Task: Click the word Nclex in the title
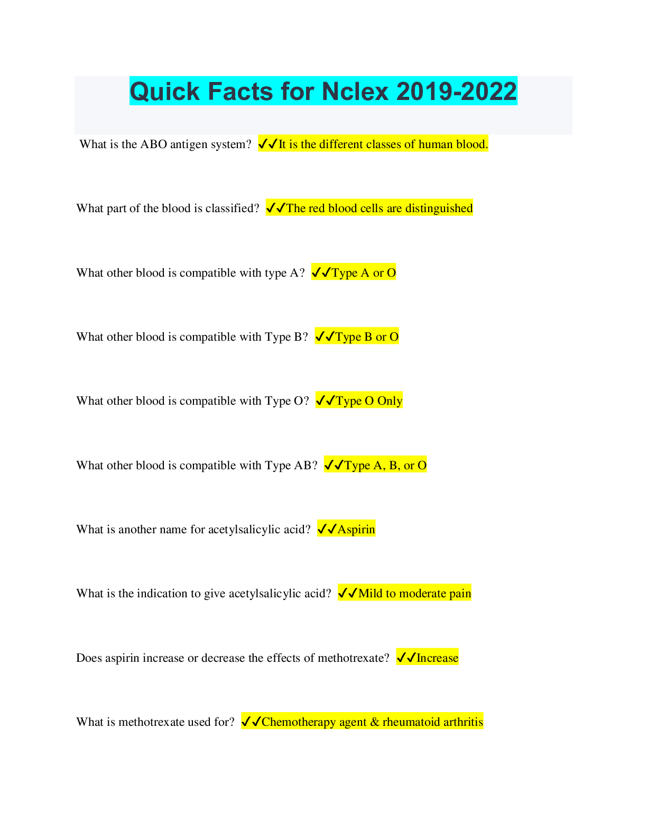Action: (355, 92)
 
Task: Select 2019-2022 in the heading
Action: (456, 92)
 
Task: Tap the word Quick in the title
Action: (165, 92)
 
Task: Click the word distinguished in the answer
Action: (439, 208)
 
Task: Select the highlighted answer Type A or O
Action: (353, 273)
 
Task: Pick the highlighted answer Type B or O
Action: (356, 337)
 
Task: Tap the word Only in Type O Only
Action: (390, 401)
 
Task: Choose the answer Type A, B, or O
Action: (375, 466)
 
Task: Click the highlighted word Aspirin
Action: (356, 530)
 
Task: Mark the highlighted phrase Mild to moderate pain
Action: (414, 594)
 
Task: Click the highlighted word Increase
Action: (437, 658)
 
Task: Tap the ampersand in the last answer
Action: (375, 722)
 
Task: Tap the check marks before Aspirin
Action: (327, 529)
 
